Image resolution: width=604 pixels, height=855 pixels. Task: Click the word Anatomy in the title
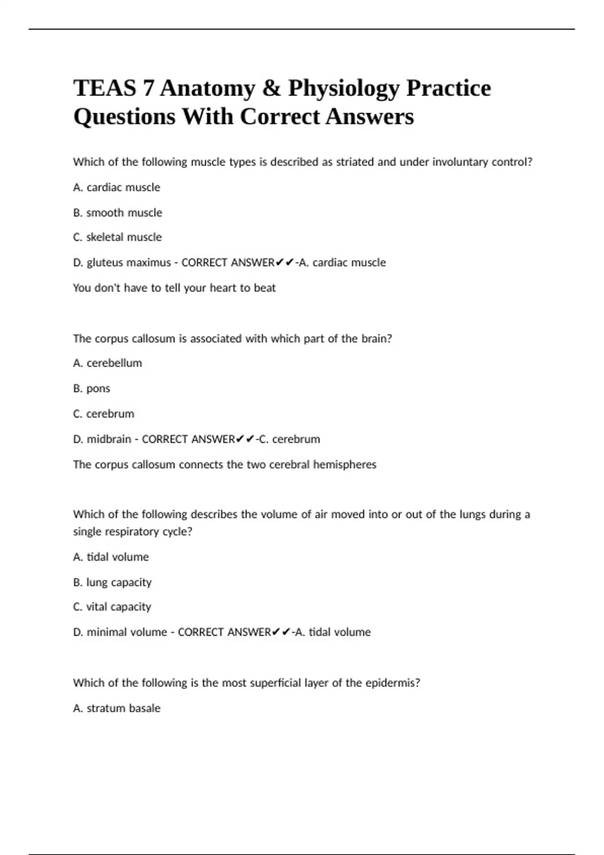point(207,89)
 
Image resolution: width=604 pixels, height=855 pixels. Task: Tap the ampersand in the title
point(271,89)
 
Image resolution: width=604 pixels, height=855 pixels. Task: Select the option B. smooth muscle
point(118,213)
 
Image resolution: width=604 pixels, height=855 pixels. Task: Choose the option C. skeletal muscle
point(117,237)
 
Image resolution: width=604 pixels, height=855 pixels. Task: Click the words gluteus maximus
point(129,263)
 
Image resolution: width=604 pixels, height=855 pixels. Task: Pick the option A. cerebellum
point(108,363)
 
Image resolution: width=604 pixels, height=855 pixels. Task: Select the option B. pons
point(92,389)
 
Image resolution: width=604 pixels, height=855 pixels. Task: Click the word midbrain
point(109,439)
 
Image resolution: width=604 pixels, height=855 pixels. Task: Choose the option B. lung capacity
point(112,582)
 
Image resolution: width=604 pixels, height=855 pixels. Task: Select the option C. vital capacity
point(112,607)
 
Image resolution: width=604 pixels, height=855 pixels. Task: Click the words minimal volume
point(127,632)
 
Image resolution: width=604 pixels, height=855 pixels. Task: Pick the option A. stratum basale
point(117,708)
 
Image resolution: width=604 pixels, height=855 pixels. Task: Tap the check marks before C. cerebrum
point(245,439)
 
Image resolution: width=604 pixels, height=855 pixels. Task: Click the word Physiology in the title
point(344,89)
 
